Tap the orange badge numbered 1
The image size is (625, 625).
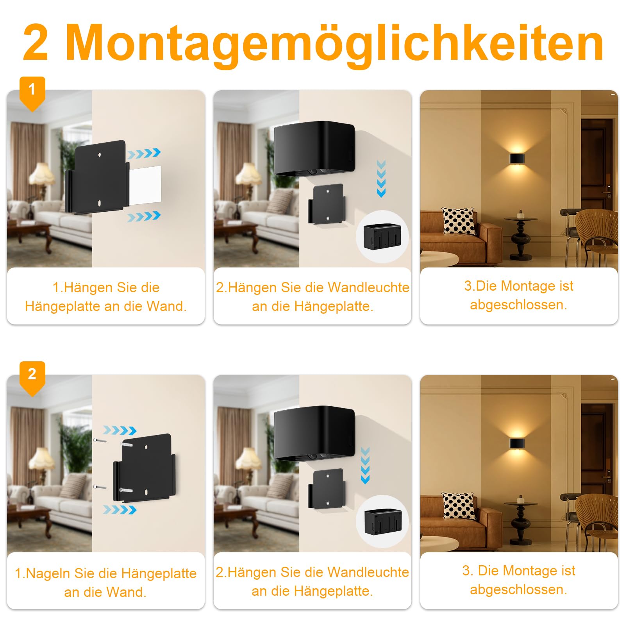(x=32, y=93)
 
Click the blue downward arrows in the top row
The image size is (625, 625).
(x=381, y=179)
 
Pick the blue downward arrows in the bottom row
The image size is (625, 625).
(x=365, y=466)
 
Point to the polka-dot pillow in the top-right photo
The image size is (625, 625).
(x=459, y=221)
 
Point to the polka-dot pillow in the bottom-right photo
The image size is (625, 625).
(x=459, y=506)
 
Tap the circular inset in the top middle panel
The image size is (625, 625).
(x=382, y=237)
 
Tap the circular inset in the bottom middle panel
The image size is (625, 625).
(x=382, y=521)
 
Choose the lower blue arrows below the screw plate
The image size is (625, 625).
(x=120, y=510)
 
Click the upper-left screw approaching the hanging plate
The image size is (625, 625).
(x=100, y=441)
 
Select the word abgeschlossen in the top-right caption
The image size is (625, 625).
(x=518, y=305)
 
